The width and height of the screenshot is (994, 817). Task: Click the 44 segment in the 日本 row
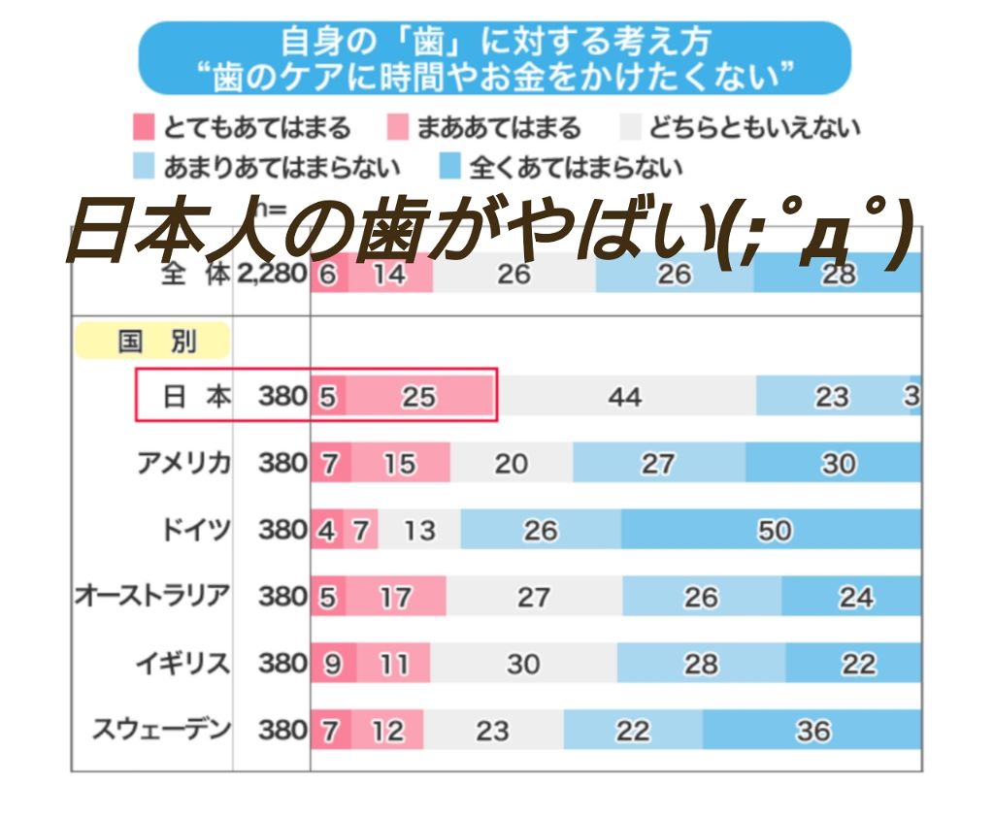[x=624, y=397]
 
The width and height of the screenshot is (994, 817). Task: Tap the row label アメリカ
[x=183, y=464]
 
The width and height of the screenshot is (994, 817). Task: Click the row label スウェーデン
[x=161, y=730]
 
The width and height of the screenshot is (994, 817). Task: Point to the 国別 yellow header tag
[x=152, y=342]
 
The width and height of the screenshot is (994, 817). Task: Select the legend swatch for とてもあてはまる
[x=144, y=127]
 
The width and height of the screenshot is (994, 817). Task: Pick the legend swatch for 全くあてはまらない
[x=449, y=167]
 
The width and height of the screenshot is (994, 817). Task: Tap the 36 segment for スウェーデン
[x=812, y=730]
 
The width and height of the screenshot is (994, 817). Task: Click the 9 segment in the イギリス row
[x=333, y=664]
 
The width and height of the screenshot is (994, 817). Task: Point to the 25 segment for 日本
[x=420, y=397]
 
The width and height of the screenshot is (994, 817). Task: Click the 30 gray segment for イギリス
[x=522, y=664]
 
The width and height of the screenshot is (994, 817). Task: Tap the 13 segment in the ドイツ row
[x=420, y=530]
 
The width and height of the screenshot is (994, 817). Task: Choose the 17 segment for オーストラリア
[x=395, y=597]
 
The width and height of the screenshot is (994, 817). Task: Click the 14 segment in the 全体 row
[x=389, y=275]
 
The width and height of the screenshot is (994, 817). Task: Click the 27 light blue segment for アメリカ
[x=657, y=464]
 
